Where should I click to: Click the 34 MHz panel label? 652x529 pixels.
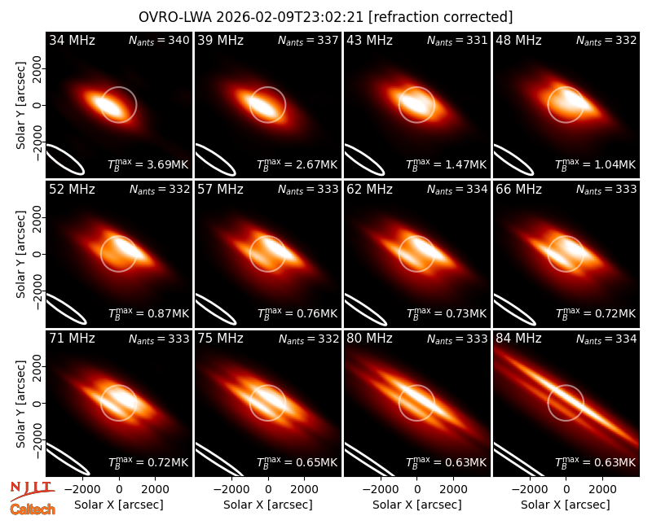(x=72, y=40)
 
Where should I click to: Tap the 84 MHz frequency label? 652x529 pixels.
(x=518, y=339)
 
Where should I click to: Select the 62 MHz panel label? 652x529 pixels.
(x=370, y=190)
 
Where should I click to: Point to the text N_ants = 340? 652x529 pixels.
(x=159, y=40)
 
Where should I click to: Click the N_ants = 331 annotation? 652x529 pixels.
(x=457, y=40)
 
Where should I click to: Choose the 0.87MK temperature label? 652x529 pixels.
(x=168, y=313)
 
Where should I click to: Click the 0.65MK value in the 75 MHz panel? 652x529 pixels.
(x=317, y=462)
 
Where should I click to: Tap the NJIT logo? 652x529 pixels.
(x=32, y=491)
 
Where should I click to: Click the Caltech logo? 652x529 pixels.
(x=33, y=509)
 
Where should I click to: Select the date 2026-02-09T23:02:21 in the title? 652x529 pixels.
(x=290, y=17)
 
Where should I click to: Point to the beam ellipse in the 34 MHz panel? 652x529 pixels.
(x=64, y=159)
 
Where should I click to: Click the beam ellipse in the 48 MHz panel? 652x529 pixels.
(x=513, y=160)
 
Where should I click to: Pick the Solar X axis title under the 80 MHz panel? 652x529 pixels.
(x=416, y=505)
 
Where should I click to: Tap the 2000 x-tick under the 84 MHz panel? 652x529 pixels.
(x=602, y=490)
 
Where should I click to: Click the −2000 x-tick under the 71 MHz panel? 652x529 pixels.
(x=78, y=490)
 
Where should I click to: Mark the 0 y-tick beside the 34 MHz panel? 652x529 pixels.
(x=37, y=105)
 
